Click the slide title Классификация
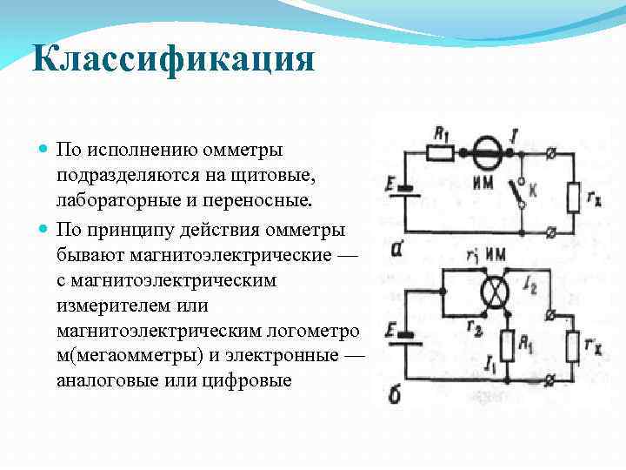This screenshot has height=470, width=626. (x=172, y=62)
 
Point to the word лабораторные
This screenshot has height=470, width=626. (x=117, y=201)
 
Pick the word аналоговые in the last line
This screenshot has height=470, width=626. (x=112, y=380)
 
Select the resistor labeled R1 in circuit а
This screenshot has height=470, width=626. (x=440, y=153)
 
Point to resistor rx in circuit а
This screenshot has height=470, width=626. (x=572, y=197)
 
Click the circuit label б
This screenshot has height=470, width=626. (x=394, y=395)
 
